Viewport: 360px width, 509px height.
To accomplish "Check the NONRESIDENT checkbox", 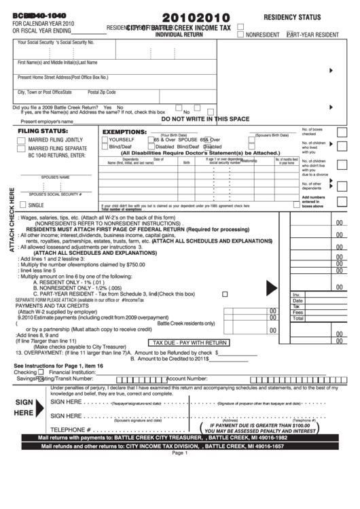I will click(241, 33).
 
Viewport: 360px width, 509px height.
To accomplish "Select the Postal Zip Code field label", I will click(102, 92).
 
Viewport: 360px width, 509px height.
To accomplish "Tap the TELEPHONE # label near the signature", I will click(71, 429).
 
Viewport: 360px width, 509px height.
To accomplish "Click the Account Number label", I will click(187, 379).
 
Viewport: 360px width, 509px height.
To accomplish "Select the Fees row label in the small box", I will click(297, 312).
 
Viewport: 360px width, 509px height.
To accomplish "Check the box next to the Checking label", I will click(40, 372).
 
